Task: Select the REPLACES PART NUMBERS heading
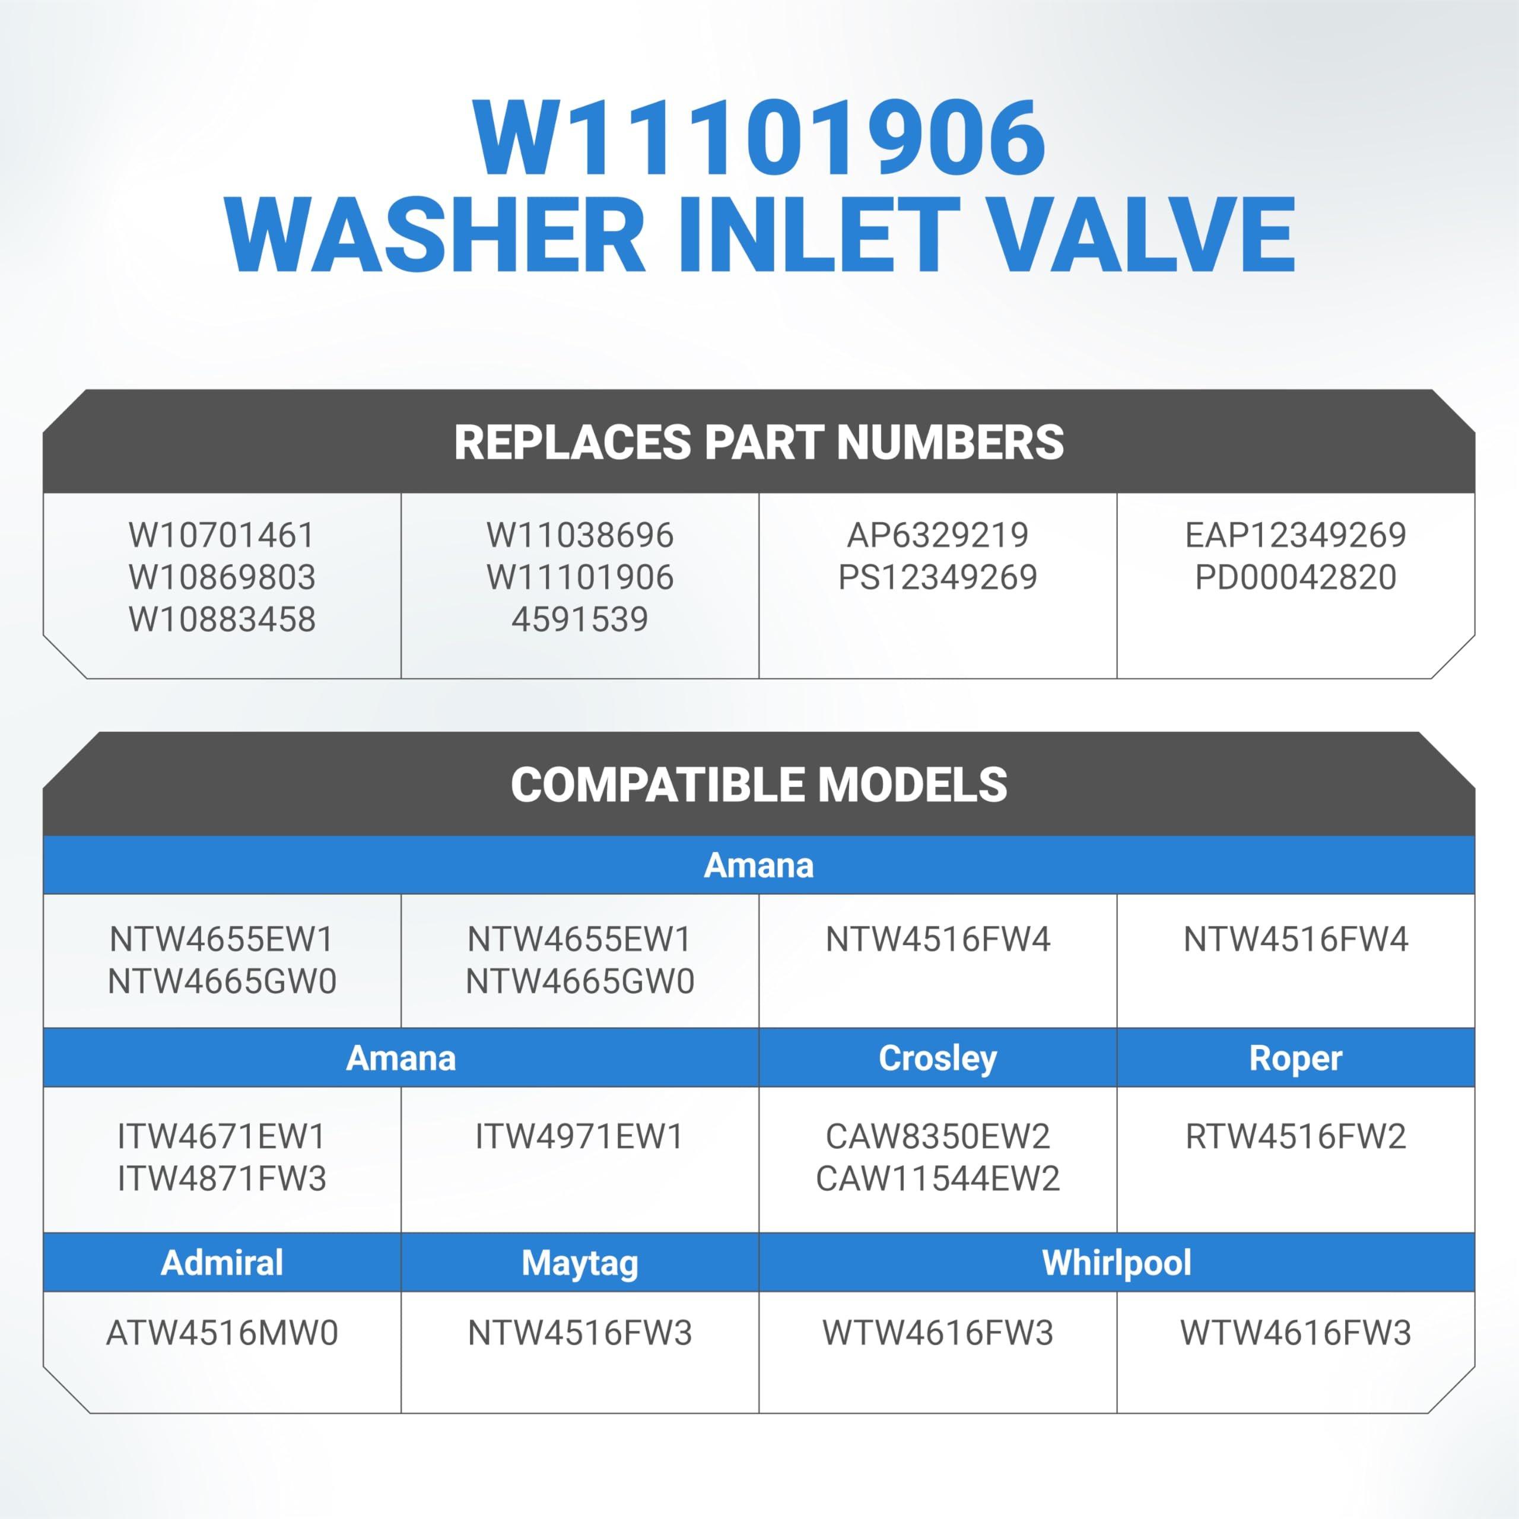click(759, 442)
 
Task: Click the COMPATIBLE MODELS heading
click(759, 784)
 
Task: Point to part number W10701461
click(222, 535)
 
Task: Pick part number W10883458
click(222, 619)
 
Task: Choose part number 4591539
click(580, 619)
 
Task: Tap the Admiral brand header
click(222, 1263)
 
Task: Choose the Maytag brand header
click(580, 1263)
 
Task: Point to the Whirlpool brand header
click(1117, 1263)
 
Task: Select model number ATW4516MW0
click(222, 1333)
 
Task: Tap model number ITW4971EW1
click(580, 1136)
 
